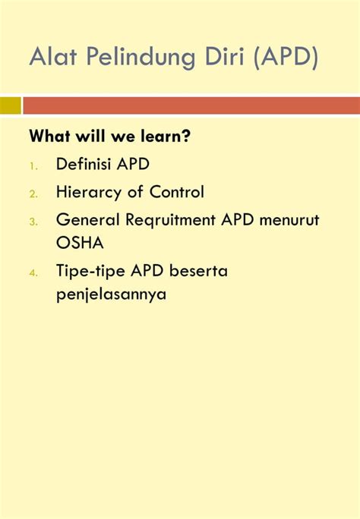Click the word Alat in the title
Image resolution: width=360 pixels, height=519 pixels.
pos(53,56)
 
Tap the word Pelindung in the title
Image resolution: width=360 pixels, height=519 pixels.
pos(141,58)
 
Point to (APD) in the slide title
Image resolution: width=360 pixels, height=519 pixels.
pos(286,58)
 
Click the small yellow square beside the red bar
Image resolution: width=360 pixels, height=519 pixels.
pos(11,105)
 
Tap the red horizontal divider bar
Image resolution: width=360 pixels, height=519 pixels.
pos(191,105)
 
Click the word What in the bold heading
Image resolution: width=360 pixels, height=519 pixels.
pos(49,136)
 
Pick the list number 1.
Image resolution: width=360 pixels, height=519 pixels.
pos(33,166)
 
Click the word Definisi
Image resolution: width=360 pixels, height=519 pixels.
pos(84,164)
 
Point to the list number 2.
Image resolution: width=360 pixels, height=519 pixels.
pos(33,194)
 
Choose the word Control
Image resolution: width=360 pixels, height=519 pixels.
pos(176,192)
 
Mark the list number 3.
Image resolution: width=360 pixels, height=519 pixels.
pos(33,222)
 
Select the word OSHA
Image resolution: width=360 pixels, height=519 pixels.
pos(80,243)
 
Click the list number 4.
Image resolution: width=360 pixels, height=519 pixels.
pos(33,273)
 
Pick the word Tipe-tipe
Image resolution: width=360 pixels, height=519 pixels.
pos(90,272)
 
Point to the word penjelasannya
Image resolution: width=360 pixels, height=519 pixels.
pos(112,294)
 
